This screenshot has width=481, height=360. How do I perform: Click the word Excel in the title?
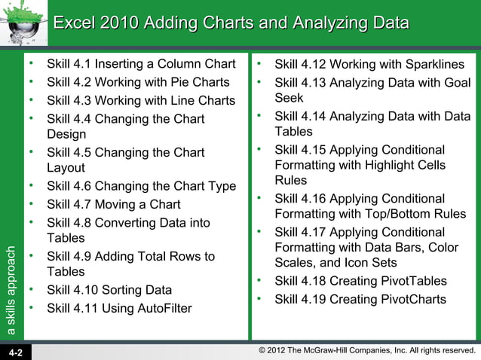click(x=76, y=23)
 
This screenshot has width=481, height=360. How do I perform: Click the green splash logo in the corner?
click(x=23, y=23)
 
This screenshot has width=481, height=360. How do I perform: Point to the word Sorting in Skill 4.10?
click(x=123, y=290)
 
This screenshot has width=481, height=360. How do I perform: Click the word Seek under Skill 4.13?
click(x=289, y=98)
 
